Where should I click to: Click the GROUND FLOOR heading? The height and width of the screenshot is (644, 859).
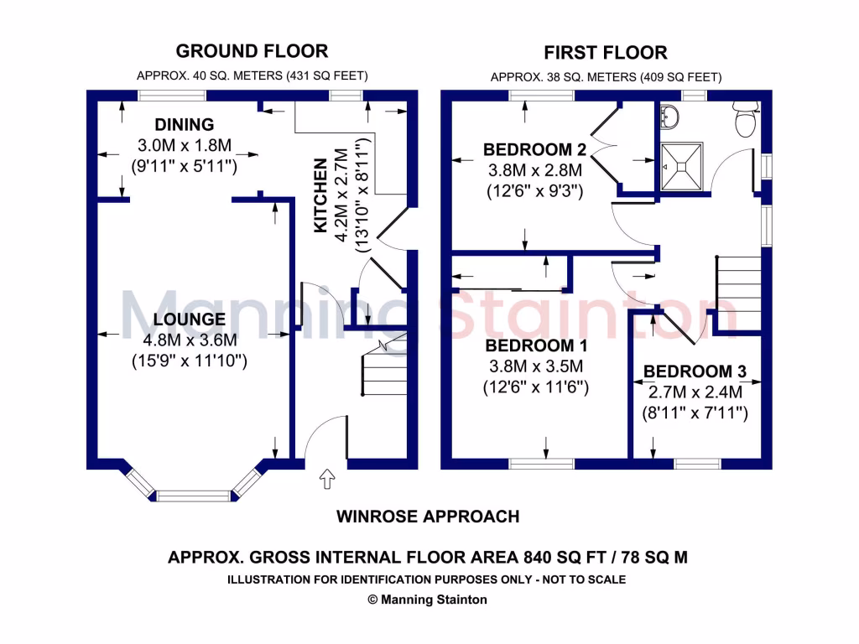(x=252, y=51)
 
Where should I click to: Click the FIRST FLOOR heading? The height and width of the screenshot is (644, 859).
(x=605, y=53)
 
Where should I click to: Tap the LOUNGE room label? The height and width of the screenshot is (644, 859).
(x=190, y=319)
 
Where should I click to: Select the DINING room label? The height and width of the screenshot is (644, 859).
(x=184, y=125)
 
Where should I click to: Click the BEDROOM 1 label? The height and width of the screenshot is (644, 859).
(x=536, y=346)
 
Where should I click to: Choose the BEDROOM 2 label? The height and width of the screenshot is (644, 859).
(x=534, y=150)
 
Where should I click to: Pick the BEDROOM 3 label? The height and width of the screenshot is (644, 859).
(x=695, y=371)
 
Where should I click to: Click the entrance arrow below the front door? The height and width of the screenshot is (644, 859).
(x=326, y=479)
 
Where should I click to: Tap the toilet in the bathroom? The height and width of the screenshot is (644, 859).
(x=745, y=122)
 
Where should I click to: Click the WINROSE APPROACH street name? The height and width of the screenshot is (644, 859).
(x=428, y=517)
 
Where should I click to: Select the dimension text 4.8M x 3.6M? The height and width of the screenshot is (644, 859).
(x=190, y=340)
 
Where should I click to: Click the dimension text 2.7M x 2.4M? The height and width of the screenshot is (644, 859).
(x=695, y=392)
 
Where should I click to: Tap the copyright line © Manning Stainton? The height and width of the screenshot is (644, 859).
(x=428, y=600)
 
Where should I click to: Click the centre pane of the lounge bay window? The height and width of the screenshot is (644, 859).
(x=193, y=496)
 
